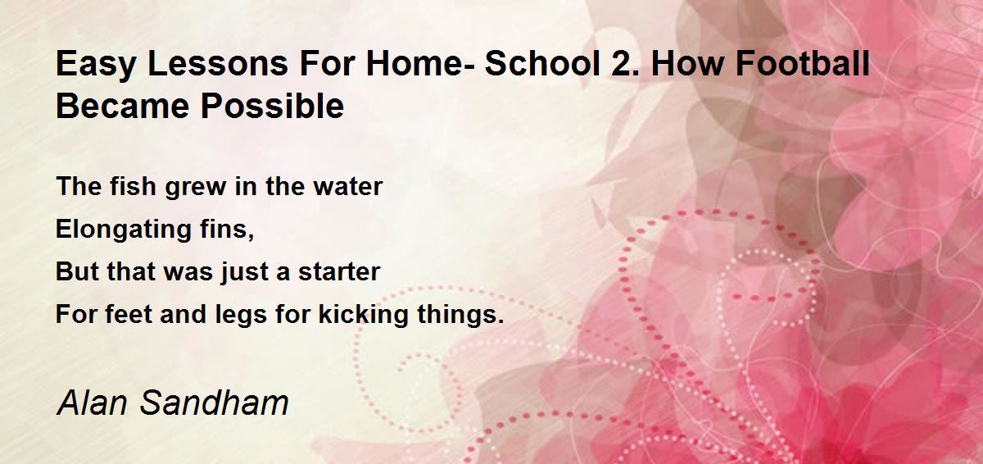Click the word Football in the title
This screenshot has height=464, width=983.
(x=803, y=63)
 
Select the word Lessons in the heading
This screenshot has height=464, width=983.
(x=218, y=63)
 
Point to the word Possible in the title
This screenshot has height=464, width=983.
(x=272, y=106)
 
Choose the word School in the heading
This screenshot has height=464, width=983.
(x=542, y=63)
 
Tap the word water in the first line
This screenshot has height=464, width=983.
(x=347, y=187)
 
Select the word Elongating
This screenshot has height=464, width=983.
(x=124, y=230)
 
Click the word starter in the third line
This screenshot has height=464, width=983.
(x=339, y=271)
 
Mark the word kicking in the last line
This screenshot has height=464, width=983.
(x=364, y=315)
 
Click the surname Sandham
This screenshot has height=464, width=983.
(x=214, y=403)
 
